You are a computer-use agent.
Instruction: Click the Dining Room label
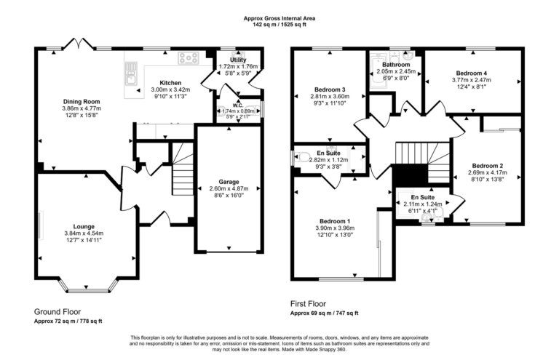coord(81,101)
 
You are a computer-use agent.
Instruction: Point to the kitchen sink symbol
coord(131,71)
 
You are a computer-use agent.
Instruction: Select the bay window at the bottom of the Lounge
coord(87,287)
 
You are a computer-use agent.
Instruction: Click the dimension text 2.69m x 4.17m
coord(486,173)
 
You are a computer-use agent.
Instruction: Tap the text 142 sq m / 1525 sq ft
coord(279,25)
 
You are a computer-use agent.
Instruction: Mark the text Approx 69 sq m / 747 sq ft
coord(324,313)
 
